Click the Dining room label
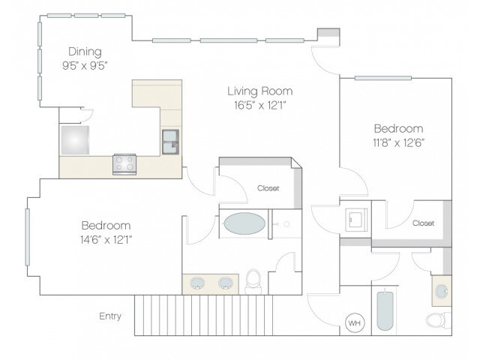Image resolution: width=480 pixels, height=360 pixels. [85, 52]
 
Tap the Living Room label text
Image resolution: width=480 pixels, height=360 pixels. [260, 91]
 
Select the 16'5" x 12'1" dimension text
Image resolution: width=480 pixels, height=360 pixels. [260, 105]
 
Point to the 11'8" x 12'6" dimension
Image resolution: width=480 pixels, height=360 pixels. [398, 142]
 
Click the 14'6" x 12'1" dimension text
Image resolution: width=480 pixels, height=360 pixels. [106, 240]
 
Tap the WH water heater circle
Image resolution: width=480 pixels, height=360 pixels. [355, 322]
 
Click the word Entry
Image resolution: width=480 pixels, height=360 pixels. [110, 316]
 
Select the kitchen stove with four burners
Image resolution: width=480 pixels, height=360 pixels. [124, 164]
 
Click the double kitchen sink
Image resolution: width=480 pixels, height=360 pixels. [170, 142]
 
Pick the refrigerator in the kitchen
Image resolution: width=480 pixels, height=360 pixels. [75, 140]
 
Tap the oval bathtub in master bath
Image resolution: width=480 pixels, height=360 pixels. [244, 223]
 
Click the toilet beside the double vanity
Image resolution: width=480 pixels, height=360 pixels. [253, 282]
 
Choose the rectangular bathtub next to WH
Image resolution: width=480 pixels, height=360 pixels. [385, 310]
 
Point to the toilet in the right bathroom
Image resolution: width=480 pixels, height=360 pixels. [439, 320]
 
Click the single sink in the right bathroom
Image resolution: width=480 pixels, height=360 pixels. [441, 291]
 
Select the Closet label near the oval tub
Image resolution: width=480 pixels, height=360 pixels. [268, 188]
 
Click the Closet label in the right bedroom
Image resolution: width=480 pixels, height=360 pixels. [423, 223]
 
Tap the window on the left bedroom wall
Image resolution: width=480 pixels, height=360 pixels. [27, 237]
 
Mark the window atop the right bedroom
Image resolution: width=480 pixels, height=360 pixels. [383, 78]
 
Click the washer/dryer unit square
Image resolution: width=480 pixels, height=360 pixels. [356, 220]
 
